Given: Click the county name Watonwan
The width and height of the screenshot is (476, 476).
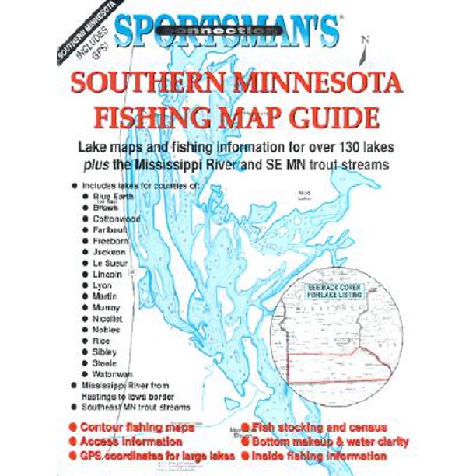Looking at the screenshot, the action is tap(113, 374).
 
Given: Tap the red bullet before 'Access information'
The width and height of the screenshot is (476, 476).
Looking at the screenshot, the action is tap(72, 442).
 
